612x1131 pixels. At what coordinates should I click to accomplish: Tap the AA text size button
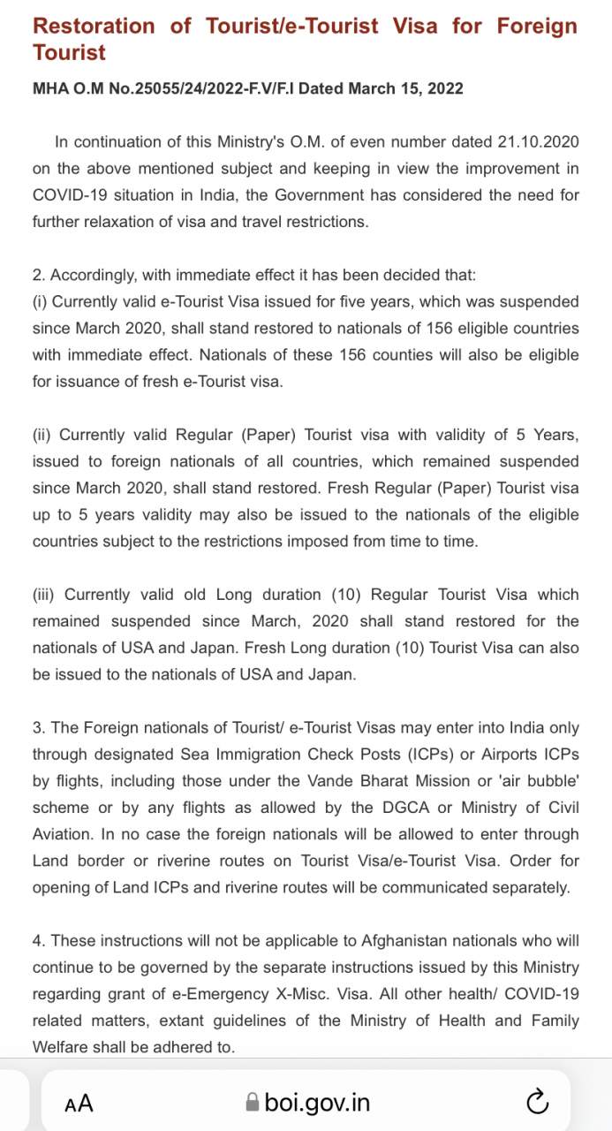click(x=79, y=1103)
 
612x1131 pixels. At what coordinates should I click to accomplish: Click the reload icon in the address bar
click(x=537, y=1102)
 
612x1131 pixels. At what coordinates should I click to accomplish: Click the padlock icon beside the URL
click(x=253, y=1103)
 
